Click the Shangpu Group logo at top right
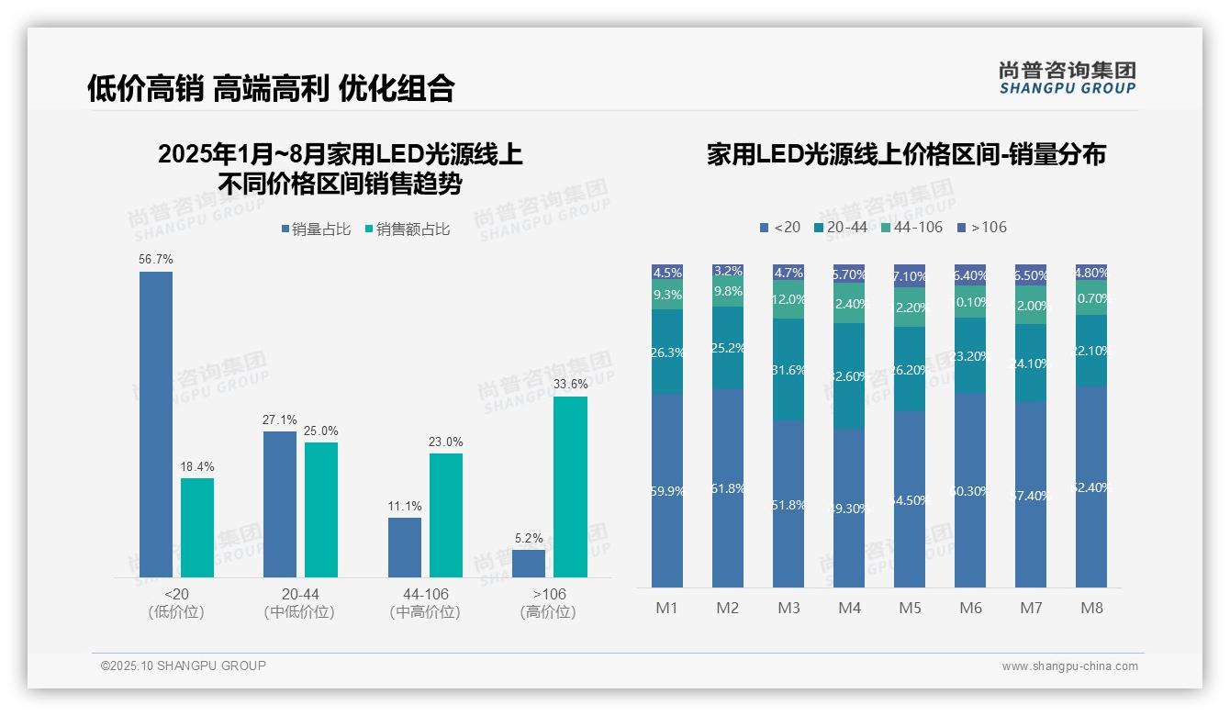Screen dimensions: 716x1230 pyautogui.click(x=1067, y=78)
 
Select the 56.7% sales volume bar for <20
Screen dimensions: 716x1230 pyautogui.click(x=155, y=424)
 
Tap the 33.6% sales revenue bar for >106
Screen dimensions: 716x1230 pyautogui.click(x=570, y=487)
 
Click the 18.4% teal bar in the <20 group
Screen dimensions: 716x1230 pyautogui.click(x=196, y=528)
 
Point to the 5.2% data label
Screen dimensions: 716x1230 pyautogui.click(x=529, y=539)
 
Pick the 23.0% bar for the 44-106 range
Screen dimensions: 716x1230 pyautogui.click(x=445, y=515)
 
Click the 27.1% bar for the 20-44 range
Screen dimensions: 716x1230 pyautogui.click(x=279, y=504)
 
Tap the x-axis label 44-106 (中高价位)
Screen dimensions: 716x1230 pyautogui.click(x=424, y=603)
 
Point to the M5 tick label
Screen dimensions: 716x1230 pyautogui.click(x=910, y=608)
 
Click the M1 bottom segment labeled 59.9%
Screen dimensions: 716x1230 pyautogui.click(x=667, y=490)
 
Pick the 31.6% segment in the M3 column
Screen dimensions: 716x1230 pyautogui.click(x=788, y=370)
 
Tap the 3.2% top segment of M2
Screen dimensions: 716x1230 pyautogui.click(x=728, y=272)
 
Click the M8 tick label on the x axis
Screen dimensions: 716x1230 pyautogui.click(x=1091, y=608)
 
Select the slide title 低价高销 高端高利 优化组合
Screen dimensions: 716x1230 pyautogui.click(x=271, y=88)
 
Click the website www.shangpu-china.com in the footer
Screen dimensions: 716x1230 pyautogui.click(x=1069, y=666)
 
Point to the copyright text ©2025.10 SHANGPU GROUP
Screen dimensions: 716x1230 pyautogui.click(x=184, y=666)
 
